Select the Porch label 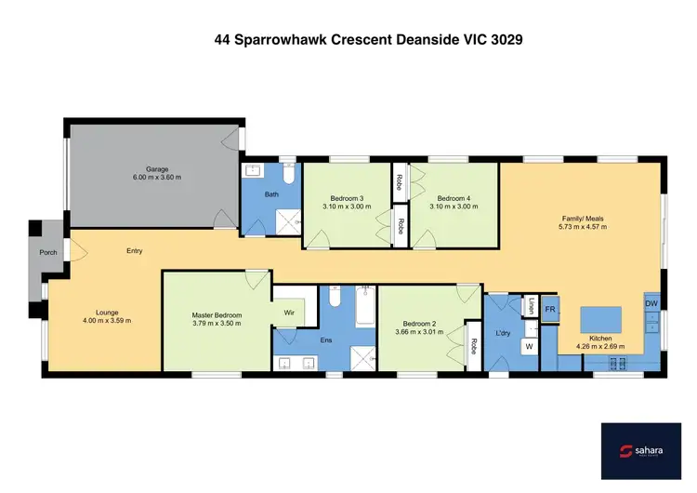tap(47, 252)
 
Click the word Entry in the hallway tap(135, 251)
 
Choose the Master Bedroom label tap(217, 315)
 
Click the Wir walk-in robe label tap(289, 313)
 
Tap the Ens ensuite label tap(326, 340)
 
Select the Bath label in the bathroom tap(271, 194)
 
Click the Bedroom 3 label tap(347, 198)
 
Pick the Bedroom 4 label tap(455, 198)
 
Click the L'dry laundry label tap(505, 331)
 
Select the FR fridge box tap(550, 309)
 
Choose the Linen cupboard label tap(531, 305)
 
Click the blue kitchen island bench tap(601, 319)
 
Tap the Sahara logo tap(641, 452)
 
